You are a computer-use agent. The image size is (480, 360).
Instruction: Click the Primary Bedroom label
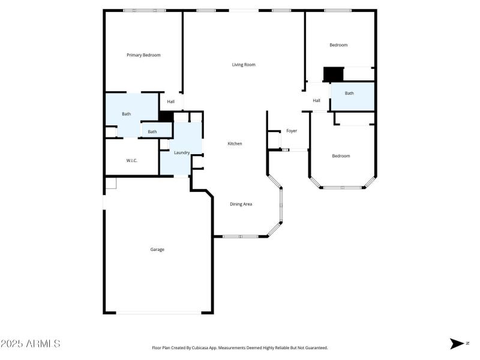pos(143,55)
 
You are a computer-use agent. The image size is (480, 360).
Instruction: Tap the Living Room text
pos(244,65)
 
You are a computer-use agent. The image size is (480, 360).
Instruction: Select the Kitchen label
pos(235,144)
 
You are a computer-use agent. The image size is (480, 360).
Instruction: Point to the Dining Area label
pos(241,204)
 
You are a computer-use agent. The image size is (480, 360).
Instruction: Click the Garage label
pos(157,250)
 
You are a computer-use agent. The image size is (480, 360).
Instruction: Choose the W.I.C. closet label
pos(132,161)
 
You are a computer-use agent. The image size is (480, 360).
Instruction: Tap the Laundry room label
pos(182,153)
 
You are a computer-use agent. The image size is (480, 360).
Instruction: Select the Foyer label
pos(292,131)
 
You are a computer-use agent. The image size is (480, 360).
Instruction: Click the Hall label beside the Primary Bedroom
pos(171,102)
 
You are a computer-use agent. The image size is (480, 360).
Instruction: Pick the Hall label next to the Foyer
pos(316,101)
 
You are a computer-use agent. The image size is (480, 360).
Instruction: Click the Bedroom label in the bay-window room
pos(341,156)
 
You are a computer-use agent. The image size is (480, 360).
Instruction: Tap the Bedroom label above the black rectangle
pos(338,45)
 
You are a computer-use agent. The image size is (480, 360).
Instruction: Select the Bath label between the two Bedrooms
pos(349,94)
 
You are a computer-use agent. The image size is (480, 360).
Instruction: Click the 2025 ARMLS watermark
pos(30,344)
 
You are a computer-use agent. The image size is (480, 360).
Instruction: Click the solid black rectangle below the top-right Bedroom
pos(333,74)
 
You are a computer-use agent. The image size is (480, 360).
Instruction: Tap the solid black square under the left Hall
pos(166,116)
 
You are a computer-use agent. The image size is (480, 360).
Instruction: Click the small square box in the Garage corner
pos(110,184)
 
